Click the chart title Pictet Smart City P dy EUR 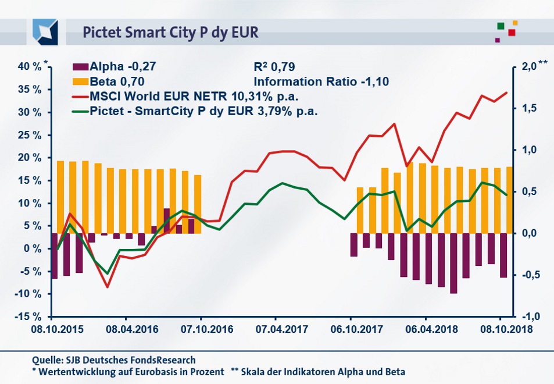click(170, 31)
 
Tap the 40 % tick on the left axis click(28, 66)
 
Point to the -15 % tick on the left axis click(27, 317)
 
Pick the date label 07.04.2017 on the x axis click(276, 329)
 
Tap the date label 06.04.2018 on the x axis click(425, 329)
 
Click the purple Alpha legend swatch click(80, 67)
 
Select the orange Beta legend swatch click(80, 81)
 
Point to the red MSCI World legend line click(80, 96)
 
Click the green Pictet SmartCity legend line click(80, 111)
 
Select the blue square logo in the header click(45, 31)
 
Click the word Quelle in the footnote click(46, 360)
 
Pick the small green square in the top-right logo click(501, 26)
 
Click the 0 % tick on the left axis click(34, 248)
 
